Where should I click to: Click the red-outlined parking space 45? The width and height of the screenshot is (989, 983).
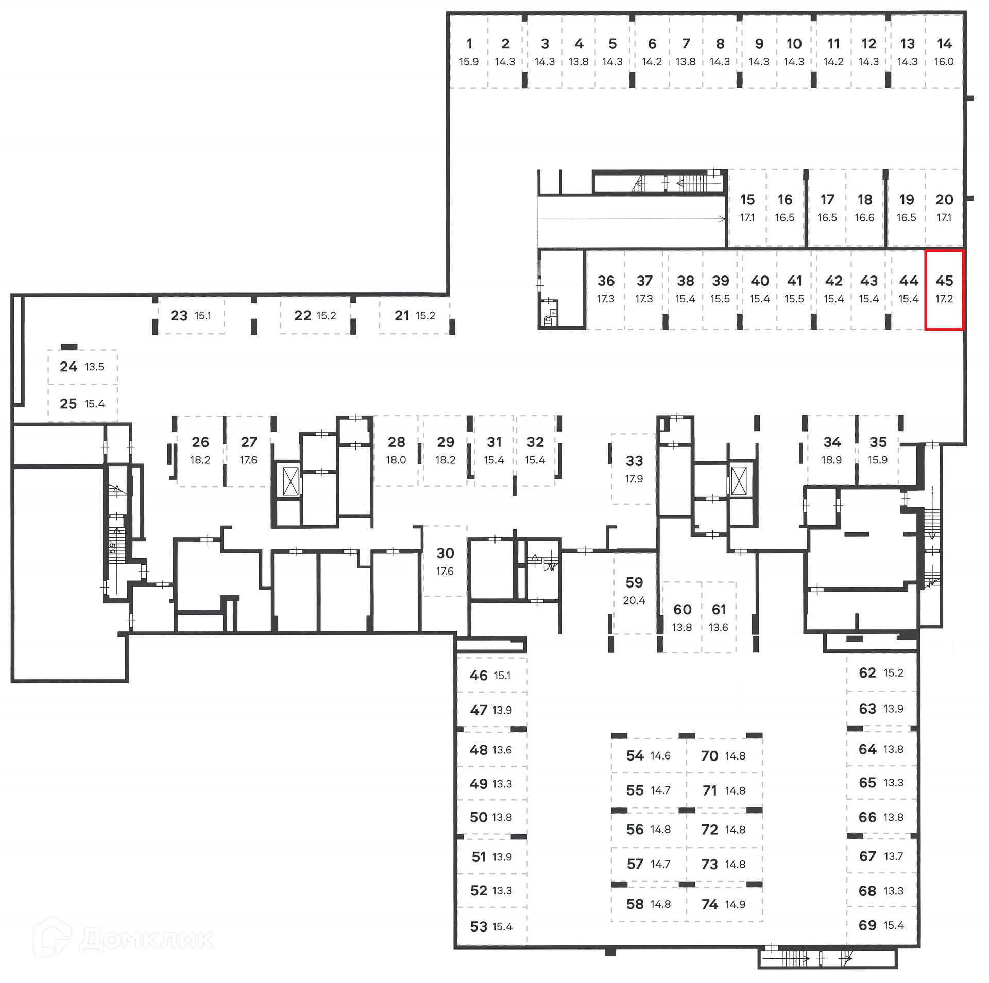tap(944, 289)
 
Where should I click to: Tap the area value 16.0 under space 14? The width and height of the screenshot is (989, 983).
tap(944, 62)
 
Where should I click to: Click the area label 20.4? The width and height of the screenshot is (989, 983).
tap(634, 600)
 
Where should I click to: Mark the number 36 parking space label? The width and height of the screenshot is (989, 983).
tap(606, 281)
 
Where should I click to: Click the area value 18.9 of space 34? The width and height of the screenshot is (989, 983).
tap(831, 460)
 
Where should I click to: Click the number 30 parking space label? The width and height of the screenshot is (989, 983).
tap(445, 554)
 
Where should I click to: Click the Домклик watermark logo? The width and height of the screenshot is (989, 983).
tap(124, 939)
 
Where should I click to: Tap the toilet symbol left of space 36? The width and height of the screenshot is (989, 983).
tap(549, 320)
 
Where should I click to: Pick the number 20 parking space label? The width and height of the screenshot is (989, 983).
tap(944, 200)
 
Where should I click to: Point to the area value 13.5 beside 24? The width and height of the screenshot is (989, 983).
tap(94, 367)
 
